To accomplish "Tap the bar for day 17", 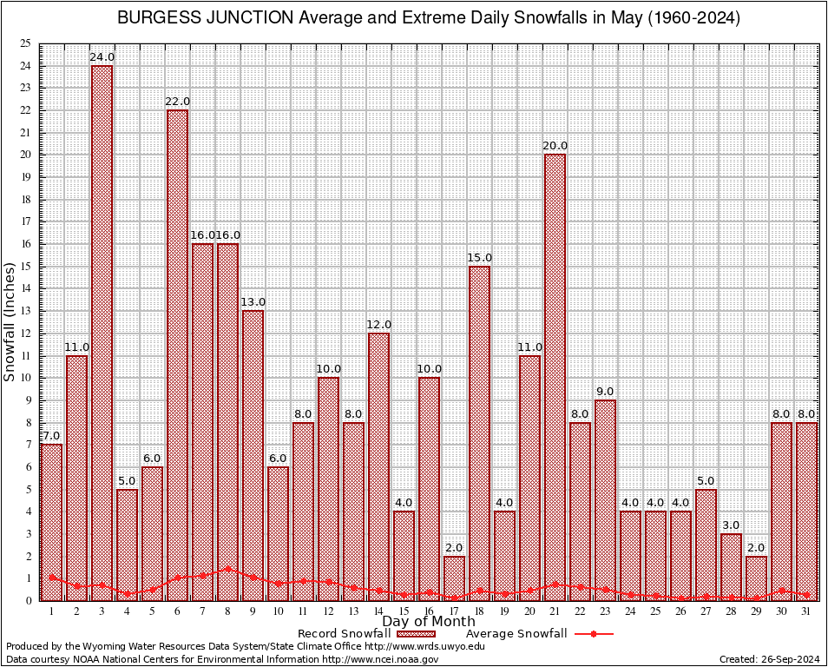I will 454,578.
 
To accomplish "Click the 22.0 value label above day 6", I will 177,102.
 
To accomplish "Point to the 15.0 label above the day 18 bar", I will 479,258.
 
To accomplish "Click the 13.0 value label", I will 253,302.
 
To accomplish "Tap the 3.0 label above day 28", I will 731,525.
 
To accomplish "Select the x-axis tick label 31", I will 806,611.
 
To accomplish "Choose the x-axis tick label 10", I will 278,611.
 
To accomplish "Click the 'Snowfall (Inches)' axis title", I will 10,321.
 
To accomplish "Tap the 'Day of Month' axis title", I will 428,622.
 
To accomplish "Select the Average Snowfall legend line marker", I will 593,634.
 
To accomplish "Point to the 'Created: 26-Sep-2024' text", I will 770,660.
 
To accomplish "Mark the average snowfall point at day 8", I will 227,569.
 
